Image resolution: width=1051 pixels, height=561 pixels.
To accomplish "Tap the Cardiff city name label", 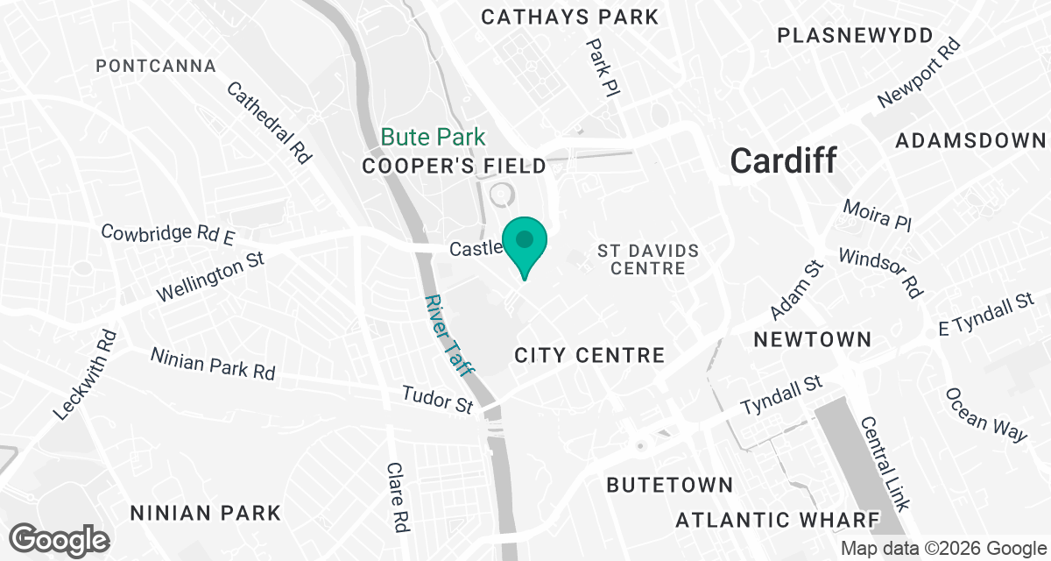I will pyautogui.click(x=783, y=160).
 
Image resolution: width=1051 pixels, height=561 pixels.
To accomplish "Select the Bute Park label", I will pyautogui.click(x=433, y=138).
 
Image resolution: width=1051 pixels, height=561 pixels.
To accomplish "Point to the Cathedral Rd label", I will pyautogui.click(x=269, y=123).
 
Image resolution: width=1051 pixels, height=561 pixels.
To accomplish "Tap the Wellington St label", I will pyautogui.click(x=210, y=280).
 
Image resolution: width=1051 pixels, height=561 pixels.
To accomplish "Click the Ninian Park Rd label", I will pyautogui.click(x=213, y=363).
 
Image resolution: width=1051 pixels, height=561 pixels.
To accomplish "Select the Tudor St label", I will pyautogui.click(x=437, y=400).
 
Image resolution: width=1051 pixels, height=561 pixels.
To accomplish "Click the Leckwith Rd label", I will pyautogui.click(x=84, y=374).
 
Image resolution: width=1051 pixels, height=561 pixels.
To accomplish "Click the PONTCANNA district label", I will pyautogui.click(x=156, y=66).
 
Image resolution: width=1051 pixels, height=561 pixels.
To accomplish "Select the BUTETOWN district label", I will pyautogui.click(x=670, y=485).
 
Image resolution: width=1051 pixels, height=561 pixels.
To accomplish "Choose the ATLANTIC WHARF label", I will pyautogui.click(x=777, y=520).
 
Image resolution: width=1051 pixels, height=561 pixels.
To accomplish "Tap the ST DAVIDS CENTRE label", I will pyautogui.click(x=649, y=260).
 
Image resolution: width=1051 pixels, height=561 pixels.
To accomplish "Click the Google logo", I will pyautogui.click(x=60, y=539).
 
